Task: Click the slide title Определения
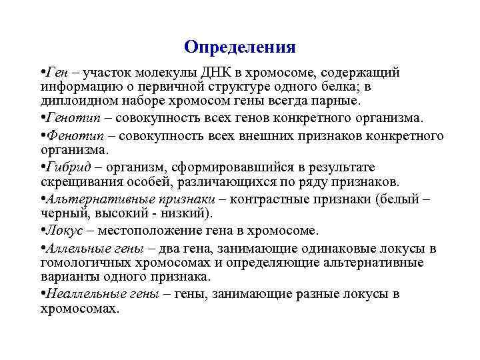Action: pos(239,47)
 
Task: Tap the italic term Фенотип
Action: pos(69,135)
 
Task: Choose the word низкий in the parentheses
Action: pos(187,213)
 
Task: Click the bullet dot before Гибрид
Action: pos(42,167)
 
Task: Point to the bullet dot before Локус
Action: pos(42,231)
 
